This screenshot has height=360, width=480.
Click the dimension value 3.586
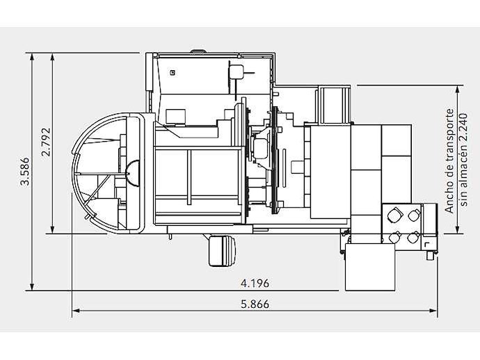[x=25, y=171]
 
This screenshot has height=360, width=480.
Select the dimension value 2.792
[x=46, y=142]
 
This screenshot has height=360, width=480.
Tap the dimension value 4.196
[x=255, y=284]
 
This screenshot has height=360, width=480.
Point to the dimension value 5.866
[x=255, y=304]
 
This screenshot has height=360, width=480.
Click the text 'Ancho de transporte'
[x=449, y=161]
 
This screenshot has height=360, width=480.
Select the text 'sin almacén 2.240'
[x=463, y=160]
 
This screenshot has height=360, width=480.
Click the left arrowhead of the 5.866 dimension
[x=76, y=311]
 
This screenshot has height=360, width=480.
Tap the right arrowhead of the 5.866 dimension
[x=433, y=311]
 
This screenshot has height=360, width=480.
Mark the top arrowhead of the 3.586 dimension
[x=31, y=58]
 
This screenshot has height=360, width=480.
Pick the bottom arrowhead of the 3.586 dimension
[x=31, y=286]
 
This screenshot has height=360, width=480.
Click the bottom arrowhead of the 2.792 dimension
[x=52, y=229]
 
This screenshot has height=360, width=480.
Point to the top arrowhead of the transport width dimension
[x=458, y=90]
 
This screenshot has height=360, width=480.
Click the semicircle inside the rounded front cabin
[x=133, y=173]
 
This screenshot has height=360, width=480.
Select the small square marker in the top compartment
[x=173, y=73]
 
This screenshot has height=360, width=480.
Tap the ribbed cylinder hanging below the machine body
[x=222, y=250]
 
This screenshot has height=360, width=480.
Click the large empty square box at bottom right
[x=370, y=267]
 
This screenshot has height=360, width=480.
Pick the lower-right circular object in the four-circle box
[x=414, y=237]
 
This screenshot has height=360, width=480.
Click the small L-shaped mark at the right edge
[x=427, y=244]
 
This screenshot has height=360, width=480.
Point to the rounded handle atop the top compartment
[x=198, y=51]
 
